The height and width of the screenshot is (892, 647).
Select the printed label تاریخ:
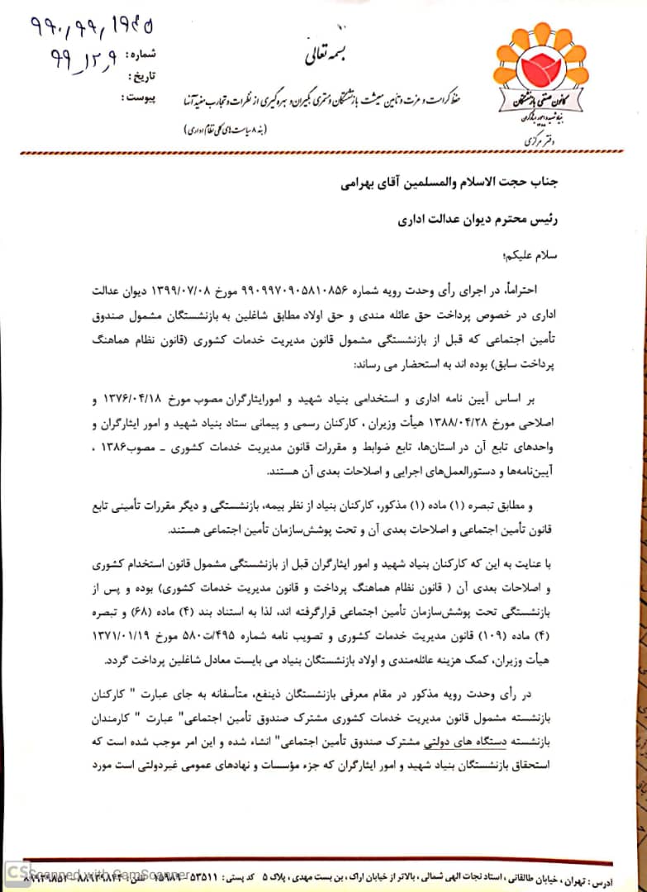(147, 77)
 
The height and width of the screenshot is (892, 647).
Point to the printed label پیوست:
(141, 97)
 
